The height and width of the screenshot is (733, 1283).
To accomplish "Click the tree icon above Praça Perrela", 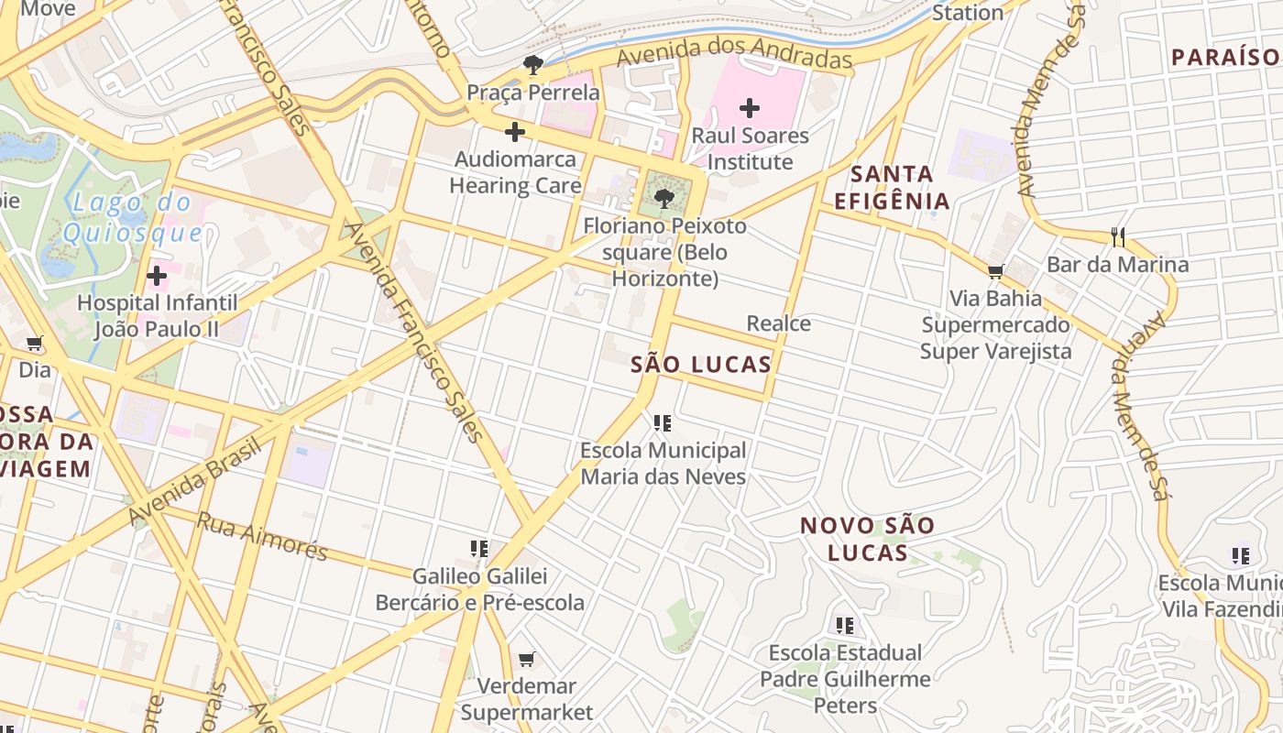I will (x=532, y=64).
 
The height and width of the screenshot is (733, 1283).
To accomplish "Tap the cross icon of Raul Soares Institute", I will (x=750, y=108).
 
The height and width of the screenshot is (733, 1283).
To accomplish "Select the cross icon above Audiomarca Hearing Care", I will (x=515, y=132).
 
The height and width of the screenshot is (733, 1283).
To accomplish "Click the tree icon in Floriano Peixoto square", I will (x=665, y=197).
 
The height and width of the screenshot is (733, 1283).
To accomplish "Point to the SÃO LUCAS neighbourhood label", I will (x=701, y=365).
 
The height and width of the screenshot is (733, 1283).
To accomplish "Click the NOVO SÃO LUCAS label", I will (x=867, y=539).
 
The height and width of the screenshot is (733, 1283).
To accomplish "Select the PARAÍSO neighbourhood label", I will (x=1225, y=58).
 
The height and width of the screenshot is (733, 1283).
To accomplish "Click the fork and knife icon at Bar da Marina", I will (x=1117, y=237).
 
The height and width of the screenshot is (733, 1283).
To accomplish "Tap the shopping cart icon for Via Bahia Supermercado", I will (x=995, y=271).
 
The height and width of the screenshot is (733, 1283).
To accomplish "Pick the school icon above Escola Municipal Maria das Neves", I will (x=663, y=423).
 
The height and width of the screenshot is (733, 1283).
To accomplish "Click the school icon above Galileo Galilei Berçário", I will (x=479, y=549).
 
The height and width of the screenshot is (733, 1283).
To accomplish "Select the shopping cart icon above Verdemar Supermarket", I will (x=526, y=659).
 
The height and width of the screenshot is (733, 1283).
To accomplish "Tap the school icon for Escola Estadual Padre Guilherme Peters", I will (x=845, y=626).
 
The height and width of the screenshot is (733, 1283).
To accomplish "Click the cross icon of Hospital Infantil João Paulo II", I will (x=157, y=275).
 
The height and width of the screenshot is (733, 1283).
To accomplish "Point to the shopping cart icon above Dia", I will (x=35, y=344).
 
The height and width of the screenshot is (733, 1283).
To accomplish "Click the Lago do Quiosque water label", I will (x=133, y=217).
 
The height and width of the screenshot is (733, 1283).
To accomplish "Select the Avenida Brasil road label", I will (x=197, y=481).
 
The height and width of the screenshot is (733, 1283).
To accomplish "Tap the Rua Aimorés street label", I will (x=262, y=537).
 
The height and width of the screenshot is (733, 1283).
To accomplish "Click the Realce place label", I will (x=778, y=323).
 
